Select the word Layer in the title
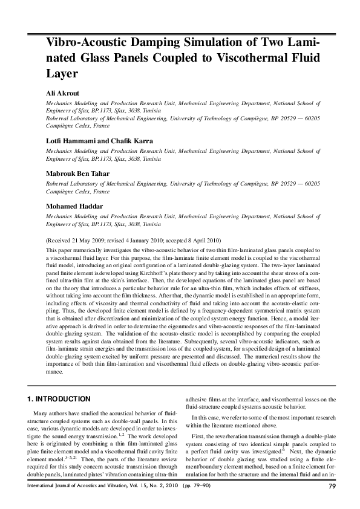click(x=62, y=74)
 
